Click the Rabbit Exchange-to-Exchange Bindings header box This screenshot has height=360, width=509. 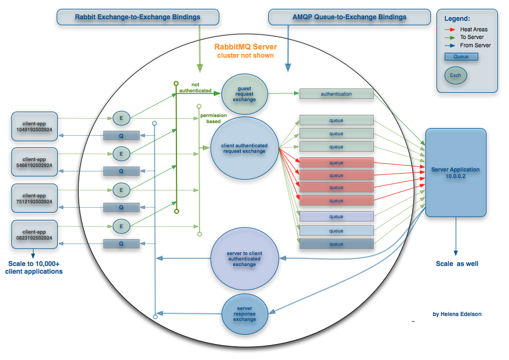coord(137,17)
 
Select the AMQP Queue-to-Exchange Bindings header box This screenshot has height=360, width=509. coord(349,17)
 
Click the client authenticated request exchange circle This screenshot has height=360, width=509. coord(245,148)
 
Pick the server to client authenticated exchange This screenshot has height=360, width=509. coord(245,258)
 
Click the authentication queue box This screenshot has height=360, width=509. coord(336,94)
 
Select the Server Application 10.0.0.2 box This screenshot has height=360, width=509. coord(456,172)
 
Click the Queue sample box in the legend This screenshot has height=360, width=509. coord(461,57)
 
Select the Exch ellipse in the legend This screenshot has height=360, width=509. coord(456,75)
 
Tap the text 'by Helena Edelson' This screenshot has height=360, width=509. coord(457,314)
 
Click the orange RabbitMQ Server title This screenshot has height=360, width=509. coord(246,47)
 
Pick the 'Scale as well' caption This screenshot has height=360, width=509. coord(457,264)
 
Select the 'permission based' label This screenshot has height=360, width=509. coord(209,118)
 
